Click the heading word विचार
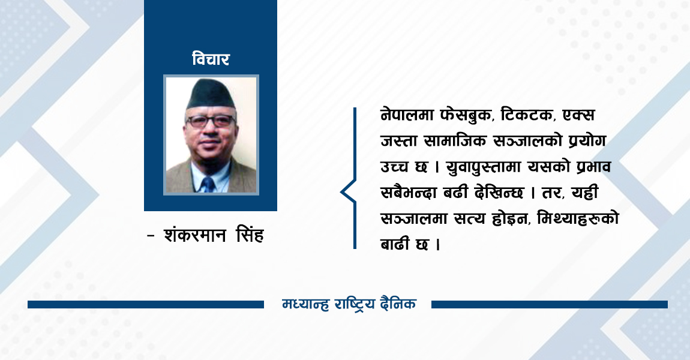[211, 59]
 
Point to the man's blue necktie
[208, 183]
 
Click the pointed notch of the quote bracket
[342, 193]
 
